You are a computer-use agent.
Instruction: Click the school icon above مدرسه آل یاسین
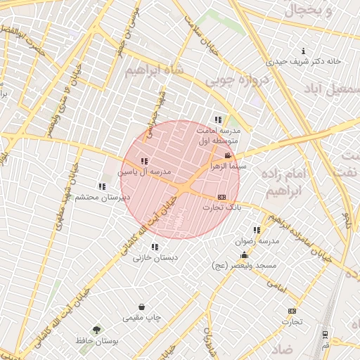coord(144,161)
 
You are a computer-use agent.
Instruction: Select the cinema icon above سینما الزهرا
coord(227,155)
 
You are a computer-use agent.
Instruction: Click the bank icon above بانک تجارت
coord(222,197)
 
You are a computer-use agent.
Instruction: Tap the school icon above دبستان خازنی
coord(155,247)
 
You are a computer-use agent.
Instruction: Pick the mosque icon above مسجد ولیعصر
coord(244,255)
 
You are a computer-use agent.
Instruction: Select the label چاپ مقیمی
coord(142,317)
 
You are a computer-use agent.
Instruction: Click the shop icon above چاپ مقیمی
coord(142,307)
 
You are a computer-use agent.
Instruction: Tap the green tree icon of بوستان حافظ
coord(96,329)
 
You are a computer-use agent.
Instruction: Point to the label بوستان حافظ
coord(97,341)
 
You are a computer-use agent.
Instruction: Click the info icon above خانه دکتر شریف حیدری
coord(303,51)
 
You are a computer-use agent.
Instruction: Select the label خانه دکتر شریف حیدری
coord(309,61)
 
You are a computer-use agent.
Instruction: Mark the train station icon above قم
coord(325,335)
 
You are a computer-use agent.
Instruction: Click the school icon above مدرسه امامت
coord(218,120)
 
